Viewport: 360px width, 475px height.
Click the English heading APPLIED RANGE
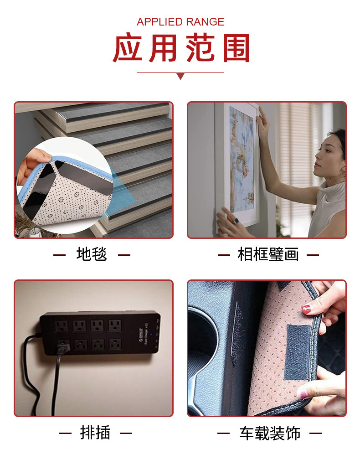180,22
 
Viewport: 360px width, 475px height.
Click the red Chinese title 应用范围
181,48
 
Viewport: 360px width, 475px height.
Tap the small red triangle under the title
180,77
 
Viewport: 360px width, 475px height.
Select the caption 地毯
92,254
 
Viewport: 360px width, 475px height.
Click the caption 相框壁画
268,254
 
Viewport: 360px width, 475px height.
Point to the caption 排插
95,433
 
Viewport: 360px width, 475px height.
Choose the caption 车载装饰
270,434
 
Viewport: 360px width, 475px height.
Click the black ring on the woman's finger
236,221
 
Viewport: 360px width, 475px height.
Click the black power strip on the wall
100,333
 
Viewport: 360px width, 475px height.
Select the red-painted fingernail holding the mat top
306,310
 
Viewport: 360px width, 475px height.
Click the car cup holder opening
203,337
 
